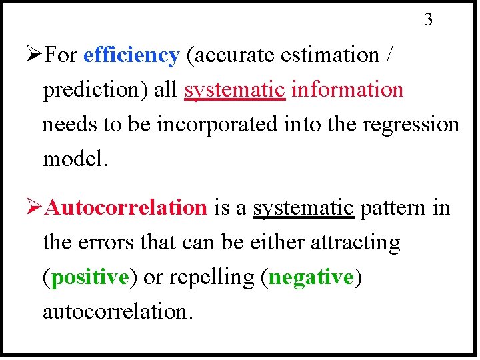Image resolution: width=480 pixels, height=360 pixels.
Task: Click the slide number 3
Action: pos(428,20)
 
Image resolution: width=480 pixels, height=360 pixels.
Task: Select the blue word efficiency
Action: pos(131,55)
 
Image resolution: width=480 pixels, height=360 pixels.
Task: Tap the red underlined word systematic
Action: pos(235,90)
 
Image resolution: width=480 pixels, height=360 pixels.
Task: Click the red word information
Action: pos(347,89)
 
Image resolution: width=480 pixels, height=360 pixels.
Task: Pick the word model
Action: pos(74,159)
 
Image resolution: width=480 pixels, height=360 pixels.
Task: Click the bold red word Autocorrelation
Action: pos(127,208)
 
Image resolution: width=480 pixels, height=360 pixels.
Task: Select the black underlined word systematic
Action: pos(303,208)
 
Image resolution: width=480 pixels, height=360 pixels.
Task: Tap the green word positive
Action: pos(89,277)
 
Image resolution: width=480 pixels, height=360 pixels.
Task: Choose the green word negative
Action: pos(311,277)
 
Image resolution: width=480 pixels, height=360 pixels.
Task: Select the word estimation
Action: pos(329,55)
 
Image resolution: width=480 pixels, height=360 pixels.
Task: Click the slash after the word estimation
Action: pos(389,55)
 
